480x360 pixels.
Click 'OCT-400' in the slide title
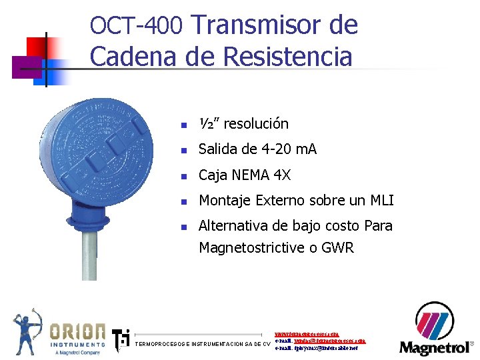pos(136,26)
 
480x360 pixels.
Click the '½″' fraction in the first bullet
pos(207,124)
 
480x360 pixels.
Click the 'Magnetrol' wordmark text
pos(433,347)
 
